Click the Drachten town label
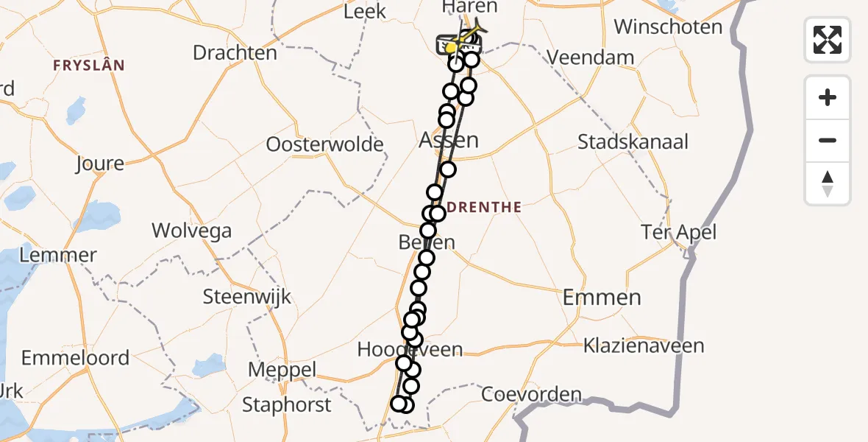[235, 53]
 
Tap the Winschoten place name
[668, 27]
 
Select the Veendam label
[591, 57]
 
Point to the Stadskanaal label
[633, 141]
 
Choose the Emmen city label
[602, 298]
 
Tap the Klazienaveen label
[644, 345]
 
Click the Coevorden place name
[531, 394]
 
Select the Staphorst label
[287, 404]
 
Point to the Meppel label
[282, 370]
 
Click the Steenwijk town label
[248, 298]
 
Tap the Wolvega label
[191, 231]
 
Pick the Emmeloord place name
[75, 358]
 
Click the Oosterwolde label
[324, 144]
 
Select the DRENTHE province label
[484, 208]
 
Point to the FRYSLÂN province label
[88, 66]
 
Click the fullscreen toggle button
[828, 39]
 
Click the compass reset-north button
[828, 183]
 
